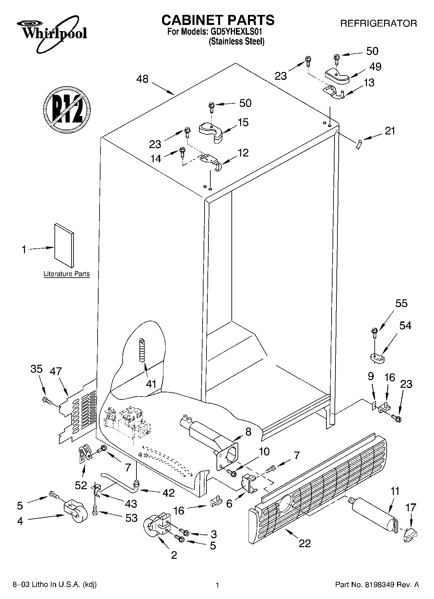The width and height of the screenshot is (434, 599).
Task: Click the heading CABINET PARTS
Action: point(218,20)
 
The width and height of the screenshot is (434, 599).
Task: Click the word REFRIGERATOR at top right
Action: point(378,23)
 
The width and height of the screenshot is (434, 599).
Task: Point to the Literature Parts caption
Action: point(66,274)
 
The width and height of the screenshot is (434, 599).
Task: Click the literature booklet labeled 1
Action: point(64,247)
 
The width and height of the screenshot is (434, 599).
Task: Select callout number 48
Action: point(142,79)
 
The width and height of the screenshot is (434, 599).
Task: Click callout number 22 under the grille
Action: point(305,543)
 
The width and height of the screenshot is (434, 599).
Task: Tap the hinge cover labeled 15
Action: point(211,131)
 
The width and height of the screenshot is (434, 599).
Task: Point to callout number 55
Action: point(401,304)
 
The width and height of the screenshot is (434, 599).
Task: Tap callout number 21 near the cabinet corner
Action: point(390,131)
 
